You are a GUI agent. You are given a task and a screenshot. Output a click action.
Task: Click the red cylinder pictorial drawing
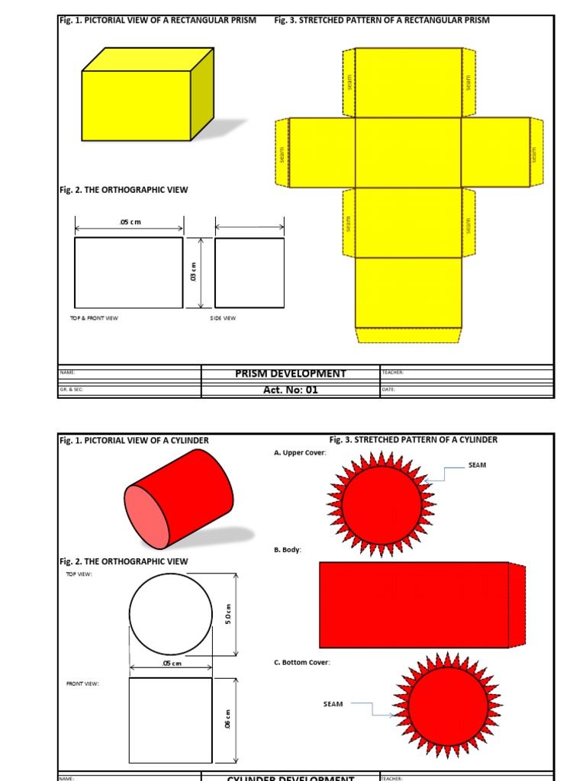[180, 499]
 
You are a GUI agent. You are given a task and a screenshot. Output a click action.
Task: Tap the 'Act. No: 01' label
[290, 390]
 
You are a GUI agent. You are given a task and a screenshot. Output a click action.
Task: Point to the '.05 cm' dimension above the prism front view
[130, 222]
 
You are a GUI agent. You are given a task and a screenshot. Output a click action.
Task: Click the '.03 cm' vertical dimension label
[194, 272]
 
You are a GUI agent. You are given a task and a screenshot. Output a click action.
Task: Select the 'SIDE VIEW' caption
[224, 318]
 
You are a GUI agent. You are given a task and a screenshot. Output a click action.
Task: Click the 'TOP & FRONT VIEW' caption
[95, 318]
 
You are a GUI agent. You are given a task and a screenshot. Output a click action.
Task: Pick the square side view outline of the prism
[250, 272]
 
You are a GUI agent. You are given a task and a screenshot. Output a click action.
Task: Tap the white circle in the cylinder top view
[171, 615]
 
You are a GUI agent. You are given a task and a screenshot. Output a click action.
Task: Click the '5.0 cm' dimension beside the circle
[227, 615]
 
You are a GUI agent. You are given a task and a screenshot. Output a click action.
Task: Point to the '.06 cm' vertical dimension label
[227, 720]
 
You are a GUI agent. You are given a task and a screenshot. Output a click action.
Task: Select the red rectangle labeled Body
[414, 605]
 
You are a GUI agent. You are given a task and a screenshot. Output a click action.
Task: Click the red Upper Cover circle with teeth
[381, 504]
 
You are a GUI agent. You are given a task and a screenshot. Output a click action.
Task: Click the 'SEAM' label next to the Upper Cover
[477, 464]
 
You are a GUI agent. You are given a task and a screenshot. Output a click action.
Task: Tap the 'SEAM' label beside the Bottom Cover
[333, 704]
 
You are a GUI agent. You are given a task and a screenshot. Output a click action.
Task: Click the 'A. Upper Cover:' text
[300, 452]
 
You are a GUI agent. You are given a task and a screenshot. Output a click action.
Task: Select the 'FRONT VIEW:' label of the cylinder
[82, 683]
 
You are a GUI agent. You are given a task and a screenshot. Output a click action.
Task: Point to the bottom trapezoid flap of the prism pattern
[408, 335]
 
